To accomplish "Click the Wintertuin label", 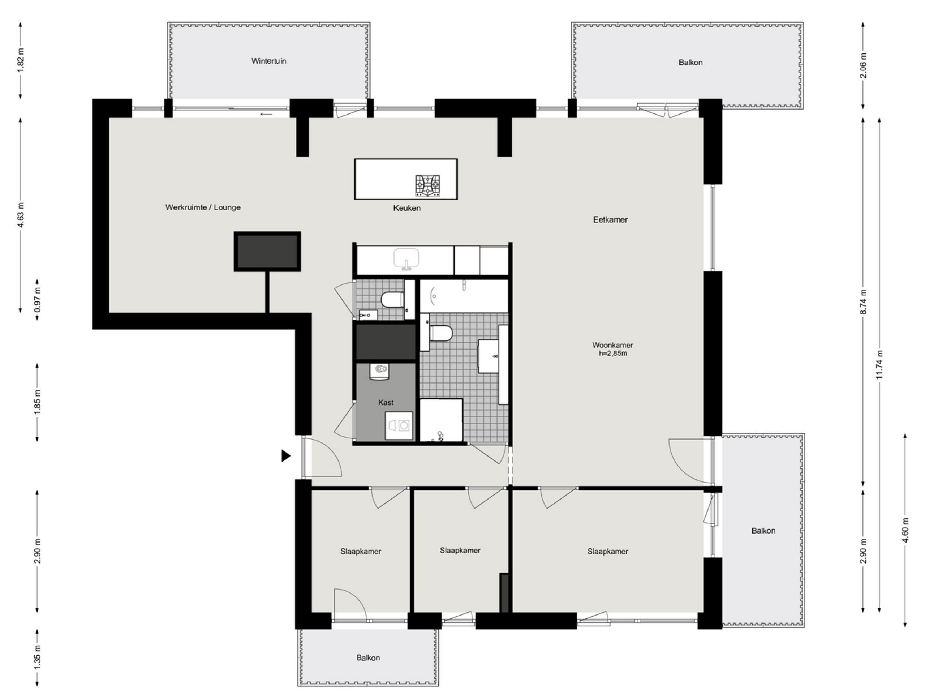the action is [x=269, y=61].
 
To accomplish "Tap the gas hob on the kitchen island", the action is [x=427, y=186].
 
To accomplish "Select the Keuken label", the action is [x=406, y=208].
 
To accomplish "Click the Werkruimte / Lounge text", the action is [x=203, y=207].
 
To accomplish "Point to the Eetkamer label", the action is [x=610, y=220].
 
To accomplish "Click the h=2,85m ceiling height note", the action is [x=612, y=354].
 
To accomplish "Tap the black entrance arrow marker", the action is [x=286, y=455].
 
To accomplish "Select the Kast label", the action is [x=386, y=402].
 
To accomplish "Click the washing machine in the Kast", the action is [x=399, y=425].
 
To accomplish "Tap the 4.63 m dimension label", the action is [x=21, y=215].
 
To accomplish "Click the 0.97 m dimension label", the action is [x=37, y=300].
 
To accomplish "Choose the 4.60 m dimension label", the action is [x=905, y=530].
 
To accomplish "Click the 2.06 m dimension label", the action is [x=863, y=66].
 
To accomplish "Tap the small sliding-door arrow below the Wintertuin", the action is [x=266, y=114].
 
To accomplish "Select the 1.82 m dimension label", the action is [x=21, y=61].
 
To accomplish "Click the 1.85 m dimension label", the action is [x=37, y=402].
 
